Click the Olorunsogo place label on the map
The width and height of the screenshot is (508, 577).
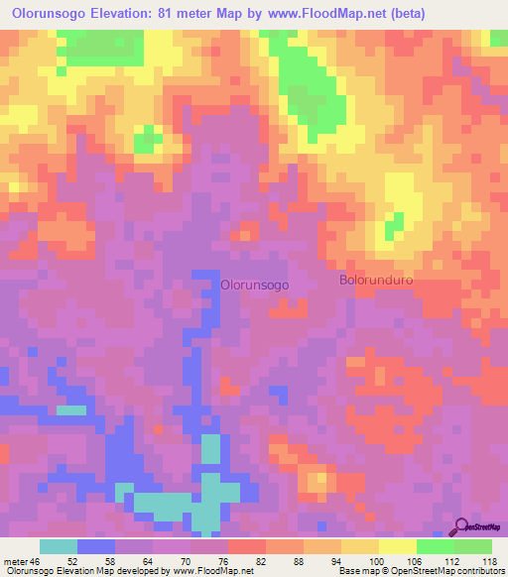(255, 284)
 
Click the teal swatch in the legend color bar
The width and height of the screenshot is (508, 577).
(59, 546)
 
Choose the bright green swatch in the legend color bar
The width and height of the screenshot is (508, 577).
(435, 546)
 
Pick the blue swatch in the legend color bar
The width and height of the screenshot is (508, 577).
(96, 546)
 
